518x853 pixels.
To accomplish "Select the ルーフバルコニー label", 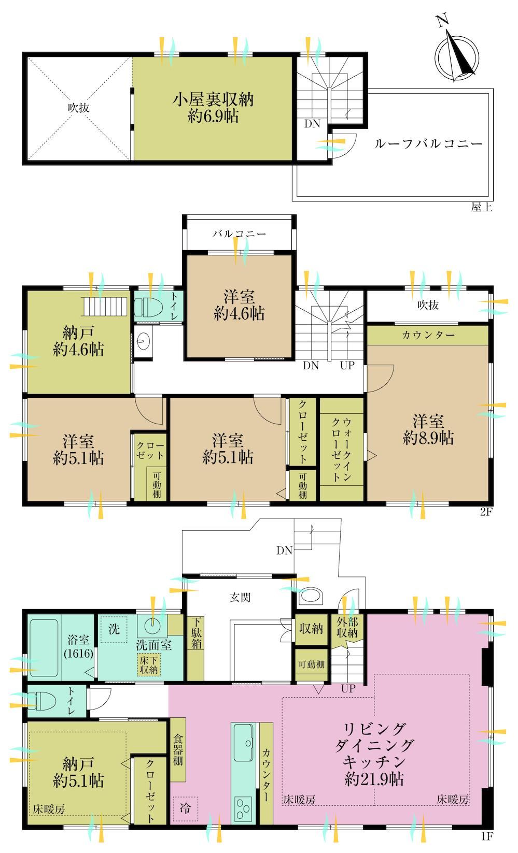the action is [428, 143].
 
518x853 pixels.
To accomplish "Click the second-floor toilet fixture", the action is [148, 307].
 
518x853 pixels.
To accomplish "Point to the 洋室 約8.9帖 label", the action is [428, 430].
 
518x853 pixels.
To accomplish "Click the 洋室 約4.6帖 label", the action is [239, 306].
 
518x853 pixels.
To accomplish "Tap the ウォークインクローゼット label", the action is [342, 450].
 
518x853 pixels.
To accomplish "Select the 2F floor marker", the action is [486, 511].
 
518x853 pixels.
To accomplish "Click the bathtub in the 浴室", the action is [44, 648].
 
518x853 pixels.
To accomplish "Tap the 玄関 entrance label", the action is [240, 597].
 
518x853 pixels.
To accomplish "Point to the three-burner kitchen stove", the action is [243, 808].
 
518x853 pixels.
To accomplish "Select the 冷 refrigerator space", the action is [185, 808].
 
